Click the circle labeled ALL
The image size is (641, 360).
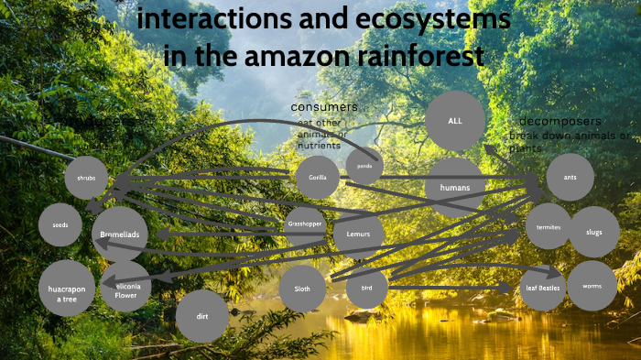[455, 121]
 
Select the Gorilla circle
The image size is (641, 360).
[318, 177]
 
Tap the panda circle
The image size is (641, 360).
[364, 167]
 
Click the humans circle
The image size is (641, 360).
[455, 188]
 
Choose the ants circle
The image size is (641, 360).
[570, 177]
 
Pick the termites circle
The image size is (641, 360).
[549, 226]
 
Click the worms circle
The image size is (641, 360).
[592, 286]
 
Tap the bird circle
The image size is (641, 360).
[367, 288]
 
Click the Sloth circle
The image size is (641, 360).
[302, 288]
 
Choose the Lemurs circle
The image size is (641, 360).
[352, 233]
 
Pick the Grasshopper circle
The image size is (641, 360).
[305, 224]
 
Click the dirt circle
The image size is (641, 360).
[201, 316]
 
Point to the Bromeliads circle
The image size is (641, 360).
[120, 235]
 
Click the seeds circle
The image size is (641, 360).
[60, 225]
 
